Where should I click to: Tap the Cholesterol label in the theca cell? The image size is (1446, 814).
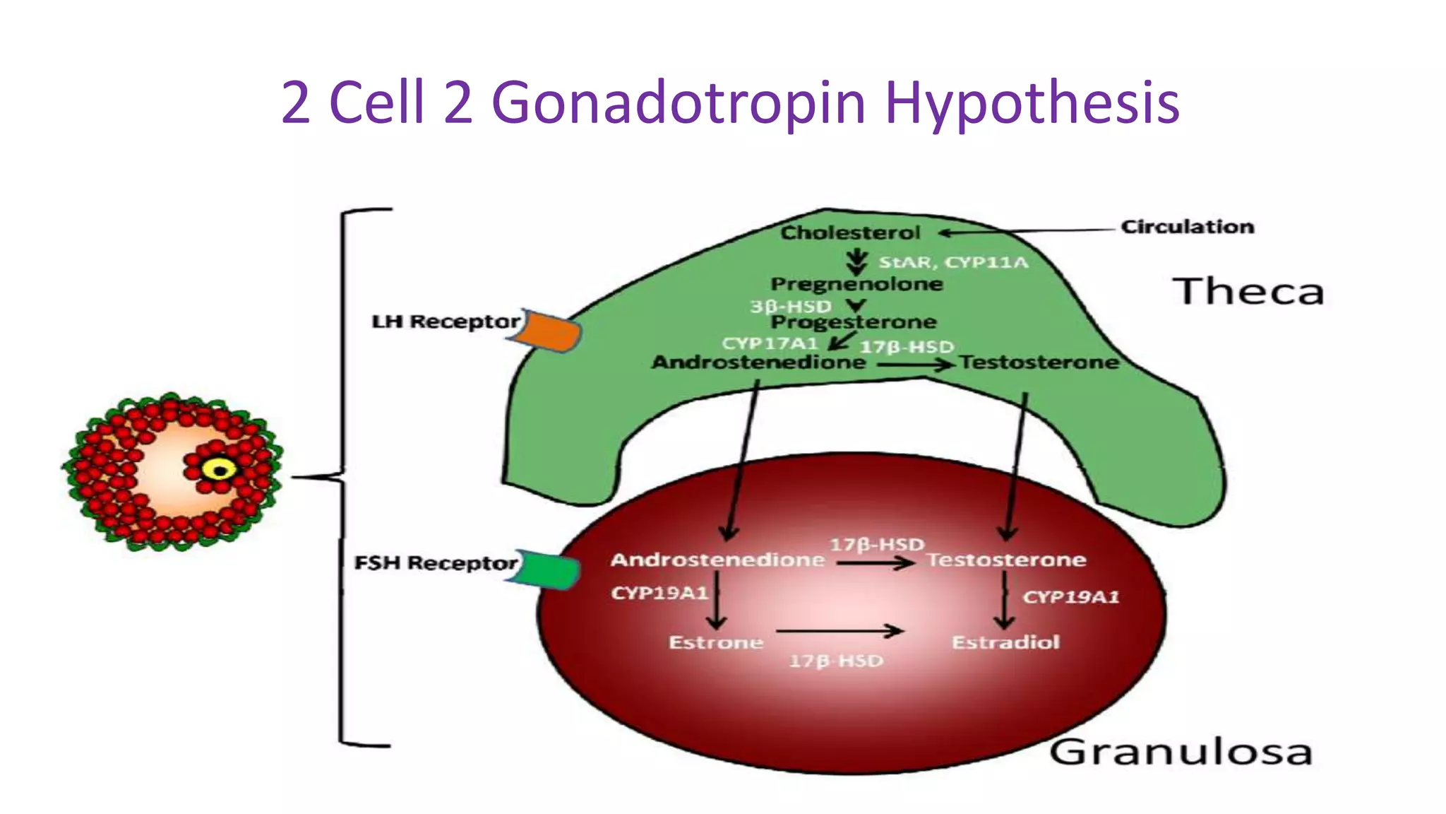click(x=850, y=232)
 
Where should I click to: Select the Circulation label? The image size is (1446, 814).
click(x=1188, y=227)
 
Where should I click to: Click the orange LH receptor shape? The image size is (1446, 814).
click(x=547, y=330)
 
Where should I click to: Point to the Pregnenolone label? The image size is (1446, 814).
click(x=856, y=284)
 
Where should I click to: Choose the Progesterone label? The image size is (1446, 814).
click(x=854, y=322)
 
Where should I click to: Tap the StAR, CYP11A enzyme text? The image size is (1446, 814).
click(x=953, y=263)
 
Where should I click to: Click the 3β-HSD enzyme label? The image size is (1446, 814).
click(x=790, y=307)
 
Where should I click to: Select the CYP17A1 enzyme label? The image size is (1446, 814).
click(x=769, y=343)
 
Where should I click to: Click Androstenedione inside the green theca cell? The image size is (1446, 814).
click(x=758, y=362)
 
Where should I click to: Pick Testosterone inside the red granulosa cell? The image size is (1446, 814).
click(x=1006, y=560)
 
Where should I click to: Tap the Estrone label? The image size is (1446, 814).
click(x=716, y=642)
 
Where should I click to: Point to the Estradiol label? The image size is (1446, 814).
click(x=1005, y=642)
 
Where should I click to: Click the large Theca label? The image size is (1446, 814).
click(x=1248, y=292)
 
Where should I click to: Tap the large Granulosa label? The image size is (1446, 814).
click(x=1181, y=753)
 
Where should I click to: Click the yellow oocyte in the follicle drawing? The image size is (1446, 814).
click(x=220, y=469)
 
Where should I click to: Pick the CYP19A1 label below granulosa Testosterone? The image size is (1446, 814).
click(x=1070, y=598)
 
